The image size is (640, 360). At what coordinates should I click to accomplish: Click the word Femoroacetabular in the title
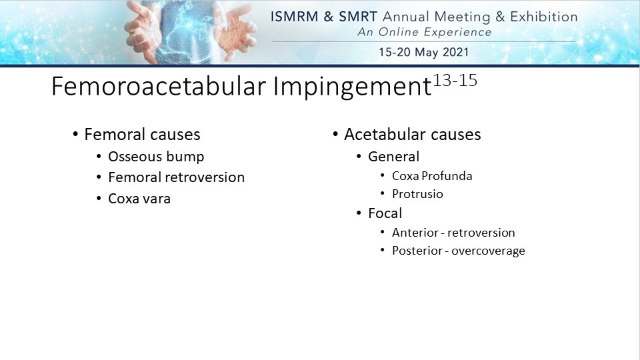[x=159, y=86]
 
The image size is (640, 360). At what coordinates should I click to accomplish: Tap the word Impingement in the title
[x=352, y=87]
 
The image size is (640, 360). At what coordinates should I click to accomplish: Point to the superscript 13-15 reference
[x=455, y=81]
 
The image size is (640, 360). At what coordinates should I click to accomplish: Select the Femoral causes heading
[x=142, y=134]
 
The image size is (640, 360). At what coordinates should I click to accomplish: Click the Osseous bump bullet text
[x=156, y=157]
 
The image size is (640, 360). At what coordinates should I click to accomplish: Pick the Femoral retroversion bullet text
[x=176, y=177]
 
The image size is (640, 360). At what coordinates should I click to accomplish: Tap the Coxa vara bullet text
[x=139, y=199]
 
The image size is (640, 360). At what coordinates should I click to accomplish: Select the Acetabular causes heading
[x=412, y=134]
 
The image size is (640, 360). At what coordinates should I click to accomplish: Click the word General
[x=393, y=157]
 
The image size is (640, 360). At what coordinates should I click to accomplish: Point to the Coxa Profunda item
[x=432, y=176]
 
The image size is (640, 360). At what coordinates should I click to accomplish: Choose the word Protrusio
[x=417, y=194]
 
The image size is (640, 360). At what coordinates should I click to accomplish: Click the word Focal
[x=385, y=213]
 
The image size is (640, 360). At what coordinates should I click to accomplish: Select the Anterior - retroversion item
[x=453, y=233]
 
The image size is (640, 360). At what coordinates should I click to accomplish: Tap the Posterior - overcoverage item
[x=459, y=251]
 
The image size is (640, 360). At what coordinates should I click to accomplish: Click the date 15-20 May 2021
[x=424, y=52]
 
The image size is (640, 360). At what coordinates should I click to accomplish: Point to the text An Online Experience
[x=425, y=32]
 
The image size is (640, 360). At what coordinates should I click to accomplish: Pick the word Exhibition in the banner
[x=544, y=17]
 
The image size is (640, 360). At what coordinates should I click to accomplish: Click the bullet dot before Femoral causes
[x=75, y=134]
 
